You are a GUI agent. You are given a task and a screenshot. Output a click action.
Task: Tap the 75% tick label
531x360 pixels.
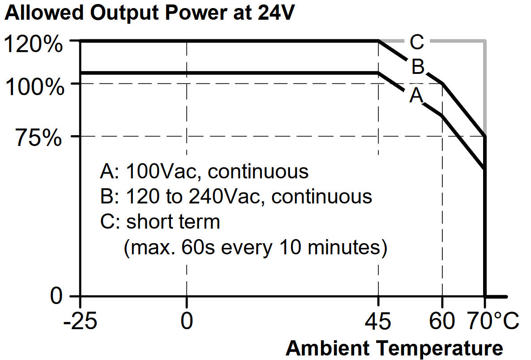tap(39, 139)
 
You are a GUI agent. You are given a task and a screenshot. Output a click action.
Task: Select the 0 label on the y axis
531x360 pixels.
tap(56, 296)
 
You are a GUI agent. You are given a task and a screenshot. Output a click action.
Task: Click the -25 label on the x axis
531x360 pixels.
tap(80, 322)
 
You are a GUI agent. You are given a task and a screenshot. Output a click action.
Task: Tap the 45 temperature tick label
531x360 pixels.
tap(378, 322)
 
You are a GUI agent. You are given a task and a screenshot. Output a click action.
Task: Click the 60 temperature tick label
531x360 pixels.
tap(442, 322)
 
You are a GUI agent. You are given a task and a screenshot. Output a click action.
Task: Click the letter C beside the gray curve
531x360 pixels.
tap(416, 43)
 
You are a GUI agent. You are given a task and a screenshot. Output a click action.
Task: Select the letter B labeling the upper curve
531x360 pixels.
tap(417, 67)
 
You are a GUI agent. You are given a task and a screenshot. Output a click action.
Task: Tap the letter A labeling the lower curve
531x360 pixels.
tap(416, 95)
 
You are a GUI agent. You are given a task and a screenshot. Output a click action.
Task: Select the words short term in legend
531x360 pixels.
tap(173, 222)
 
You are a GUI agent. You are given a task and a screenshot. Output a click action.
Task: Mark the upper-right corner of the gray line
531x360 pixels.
tap(485, 41)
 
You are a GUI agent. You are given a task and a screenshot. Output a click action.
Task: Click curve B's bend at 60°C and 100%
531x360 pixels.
tap(442, 83)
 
